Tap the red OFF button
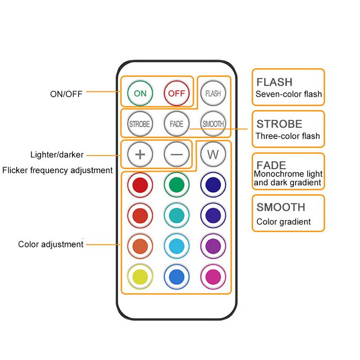tap(177, 93)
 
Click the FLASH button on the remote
tap(213, 93)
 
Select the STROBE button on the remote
tap(139, 124)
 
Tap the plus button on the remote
tap(140, 154)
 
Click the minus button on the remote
tap(177, 154)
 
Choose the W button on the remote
tap(213, 154)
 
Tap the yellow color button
tap(140, 276)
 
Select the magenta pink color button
tap(213, 276)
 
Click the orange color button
tap(140, 246)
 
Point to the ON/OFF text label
tap(66, 94)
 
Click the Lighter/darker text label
tap(57, 155)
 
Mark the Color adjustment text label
tap(51, 244)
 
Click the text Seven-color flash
tap(288, 94)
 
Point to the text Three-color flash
tap(288, 136)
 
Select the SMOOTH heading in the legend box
tap(281, 207)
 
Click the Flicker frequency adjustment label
tap(57, 170)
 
